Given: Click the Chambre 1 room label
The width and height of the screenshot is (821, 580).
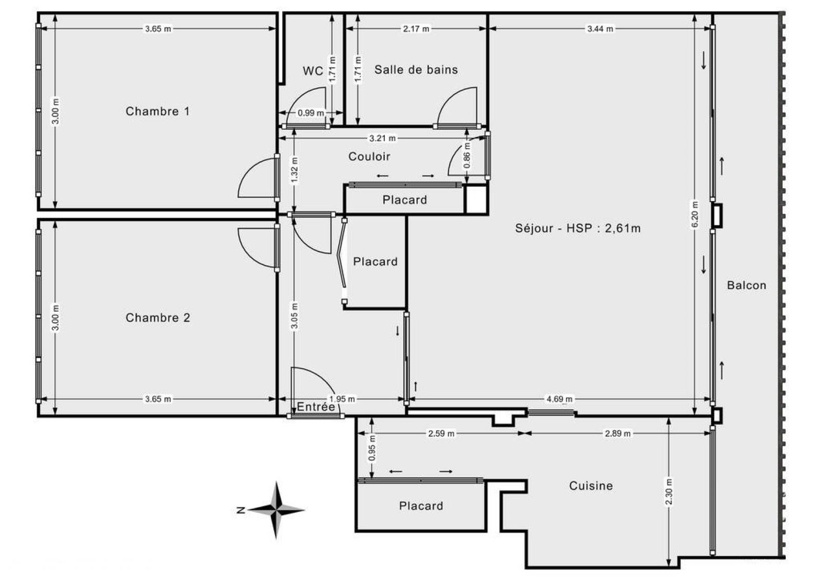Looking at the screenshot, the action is tap(158, 111).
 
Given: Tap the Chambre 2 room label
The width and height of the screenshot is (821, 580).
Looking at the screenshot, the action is tap(158, 317).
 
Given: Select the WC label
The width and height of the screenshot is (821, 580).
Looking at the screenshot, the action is tap(313, 71).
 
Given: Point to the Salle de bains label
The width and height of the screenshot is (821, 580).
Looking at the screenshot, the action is tap(416, 70).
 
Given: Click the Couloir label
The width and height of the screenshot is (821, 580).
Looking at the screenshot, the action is tap(369, 156).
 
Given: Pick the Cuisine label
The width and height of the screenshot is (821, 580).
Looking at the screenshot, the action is tap(591, 486).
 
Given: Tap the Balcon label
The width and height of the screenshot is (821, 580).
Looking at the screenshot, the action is tap(747, 286).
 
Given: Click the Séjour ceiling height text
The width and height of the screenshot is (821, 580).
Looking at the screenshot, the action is tap(578, 228).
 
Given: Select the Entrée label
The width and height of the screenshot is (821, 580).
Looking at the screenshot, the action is tap(316, 407).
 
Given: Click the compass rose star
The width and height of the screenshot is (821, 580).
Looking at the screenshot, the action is tap(277, 510).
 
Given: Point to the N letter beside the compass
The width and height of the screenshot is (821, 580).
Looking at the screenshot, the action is tap(241, 510).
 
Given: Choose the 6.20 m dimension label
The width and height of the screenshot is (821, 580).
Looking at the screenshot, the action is tap(695, 215).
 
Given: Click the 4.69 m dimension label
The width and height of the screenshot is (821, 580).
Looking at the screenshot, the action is tap(560, 399).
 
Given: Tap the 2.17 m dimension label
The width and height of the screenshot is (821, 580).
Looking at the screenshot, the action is tap(416, 29).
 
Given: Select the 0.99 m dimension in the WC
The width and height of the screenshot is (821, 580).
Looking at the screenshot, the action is tap(311, 113).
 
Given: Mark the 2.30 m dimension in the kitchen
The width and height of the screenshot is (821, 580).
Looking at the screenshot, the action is tap(669, 492).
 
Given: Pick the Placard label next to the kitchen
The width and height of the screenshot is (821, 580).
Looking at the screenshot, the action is tap(421, 506).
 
